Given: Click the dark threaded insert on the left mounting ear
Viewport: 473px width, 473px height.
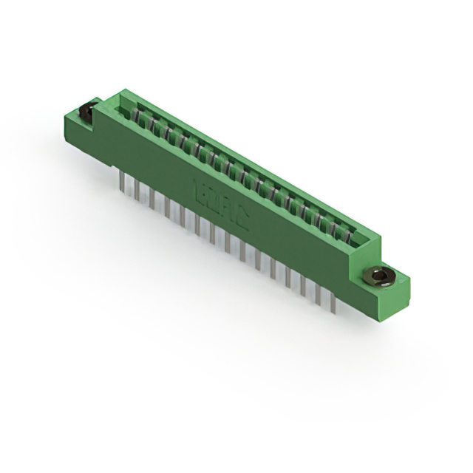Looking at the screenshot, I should point(86,113).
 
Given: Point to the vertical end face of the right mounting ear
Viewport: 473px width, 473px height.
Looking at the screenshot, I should point(398,296).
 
